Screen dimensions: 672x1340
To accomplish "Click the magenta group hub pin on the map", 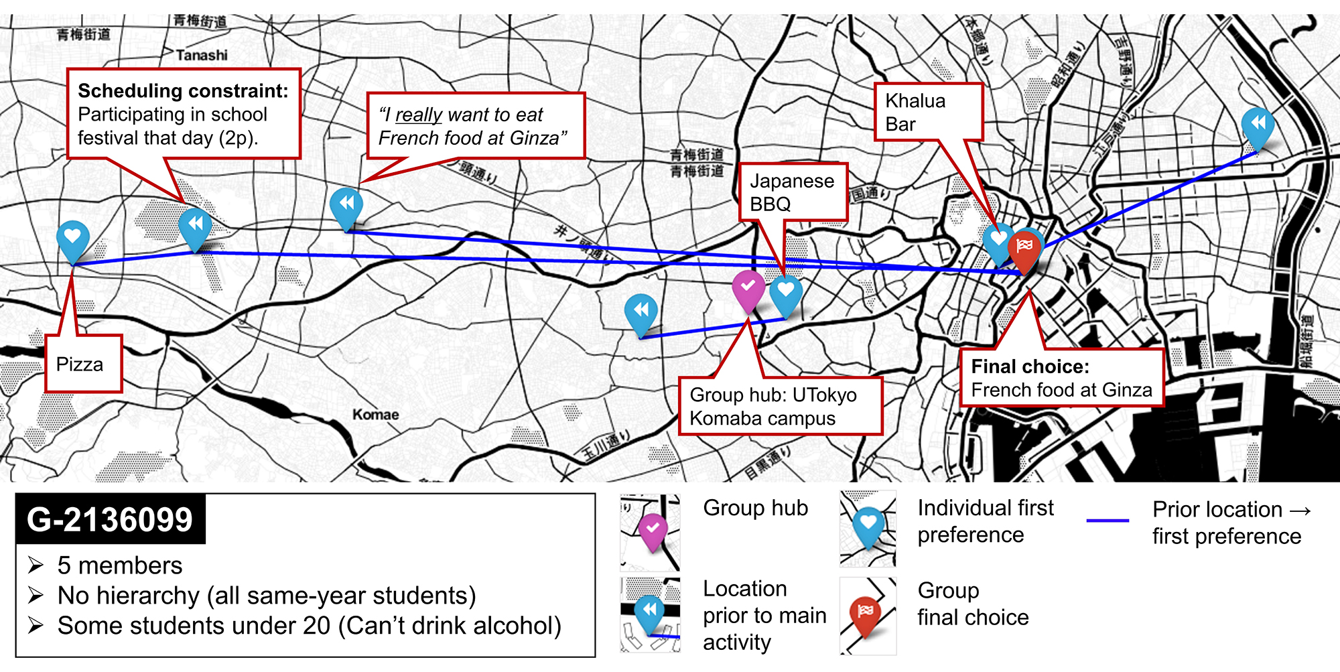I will click(x=748, y=288).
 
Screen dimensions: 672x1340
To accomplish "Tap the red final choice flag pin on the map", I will click(x=1025, y=248).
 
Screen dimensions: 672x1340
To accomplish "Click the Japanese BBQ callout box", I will click(x=793, y=192).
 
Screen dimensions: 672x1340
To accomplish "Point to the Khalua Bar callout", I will click(x=928, y=112).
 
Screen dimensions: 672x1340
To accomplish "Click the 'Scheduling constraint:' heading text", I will click(x=183, y=91).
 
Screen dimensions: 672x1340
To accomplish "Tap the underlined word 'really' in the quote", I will click(x=419, y=115).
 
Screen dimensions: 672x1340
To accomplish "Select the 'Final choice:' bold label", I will click(x=1030, y=366).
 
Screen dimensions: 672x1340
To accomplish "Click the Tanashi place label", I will click(x=202, y=55).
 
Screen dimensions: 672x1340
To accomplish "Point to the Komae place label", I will click(x=375, y=415).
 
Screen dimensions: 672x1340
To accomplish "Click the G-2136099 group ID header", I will click(x=110, y=520).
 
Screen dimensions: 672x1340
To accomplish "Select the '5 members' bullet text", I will click(x=120, y=565).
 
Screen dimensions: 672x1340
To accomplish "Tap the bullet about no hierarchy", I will click(x=267, y=596).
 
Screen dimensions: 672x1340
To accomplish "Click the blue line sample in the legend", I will click(x=1108, y=521).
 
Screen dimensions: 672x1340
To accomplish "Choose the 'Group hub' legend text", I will click(x=755, y=508).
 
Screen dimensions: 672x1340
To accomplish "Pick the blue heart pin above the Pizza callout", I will click(x=73, y=238).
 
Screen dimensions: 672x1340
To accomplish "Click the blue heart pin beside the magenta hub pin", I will click(x=786, y=293).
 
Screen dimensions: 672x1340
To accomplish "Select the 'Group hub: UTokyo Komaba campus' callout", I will click(x=780, y=407).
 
